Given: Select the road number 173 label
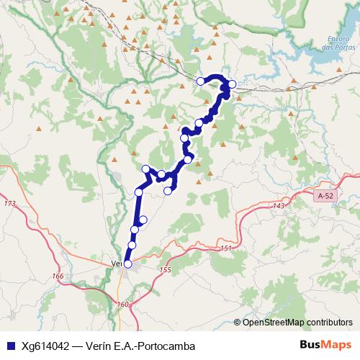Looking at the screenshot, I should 9,204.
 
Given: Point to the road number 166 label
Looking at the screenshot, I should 58,276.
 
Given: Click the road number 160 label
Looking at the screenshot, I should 122,305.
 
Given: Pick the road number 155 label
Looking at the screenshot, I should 166,269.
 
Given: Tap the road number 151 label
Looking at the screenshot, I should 226,248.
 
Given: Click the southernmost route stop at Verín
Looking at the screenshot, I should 127,264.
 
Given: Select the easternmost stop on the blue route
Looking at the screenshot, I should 232,84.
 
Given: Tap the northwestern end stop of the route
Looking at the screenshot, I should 201,81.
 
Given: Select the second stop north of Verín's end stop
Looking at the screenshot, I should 135,230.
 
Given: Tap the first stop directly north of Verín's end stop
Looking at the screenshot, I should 132,246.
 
